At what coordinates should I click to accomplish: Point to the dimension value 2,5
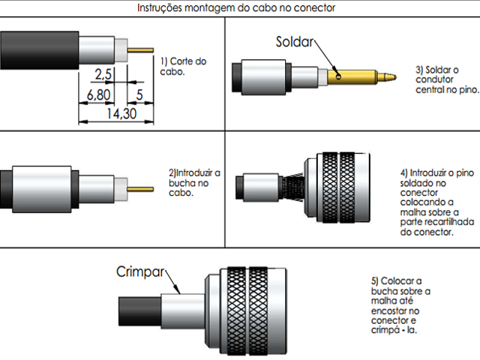[103, 74]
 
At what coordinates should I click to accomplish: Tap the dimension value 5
[139, 96]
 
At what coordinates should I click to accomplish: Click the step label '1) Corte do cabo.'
[179, 66]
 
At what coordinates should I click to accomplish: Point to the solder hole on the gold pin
[340, 75]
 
